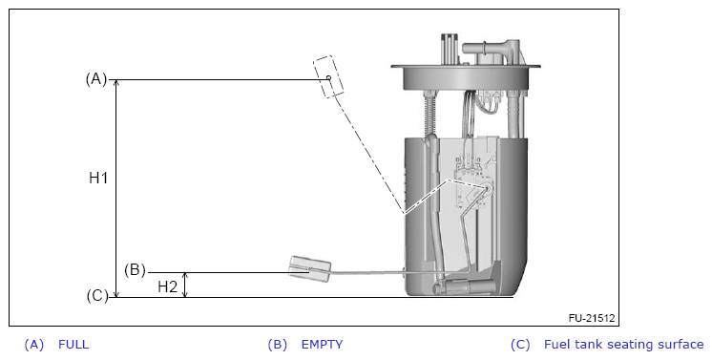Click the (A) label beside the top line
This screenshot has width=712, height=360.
coord(96,79)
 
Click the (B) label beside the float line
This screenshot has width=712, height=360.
coord(135,269)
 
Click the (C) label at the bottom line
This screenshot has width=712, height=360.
coord(97,296)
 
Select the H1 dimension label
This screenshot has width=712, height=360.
coord(98,178)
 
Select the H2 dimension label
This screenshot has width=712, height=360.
coord(168,286)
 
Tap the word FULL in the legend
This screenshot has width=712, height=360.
coord(73,344)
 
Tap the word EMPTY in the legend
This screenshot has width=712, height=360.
coord(322,344)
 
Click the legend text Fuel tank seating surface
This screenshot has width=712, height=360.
coord(624,344)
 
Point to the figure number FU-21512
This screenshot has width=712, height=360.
coord(592,318)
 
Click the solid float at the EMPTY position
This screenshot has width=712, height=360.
coord(310,269)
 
